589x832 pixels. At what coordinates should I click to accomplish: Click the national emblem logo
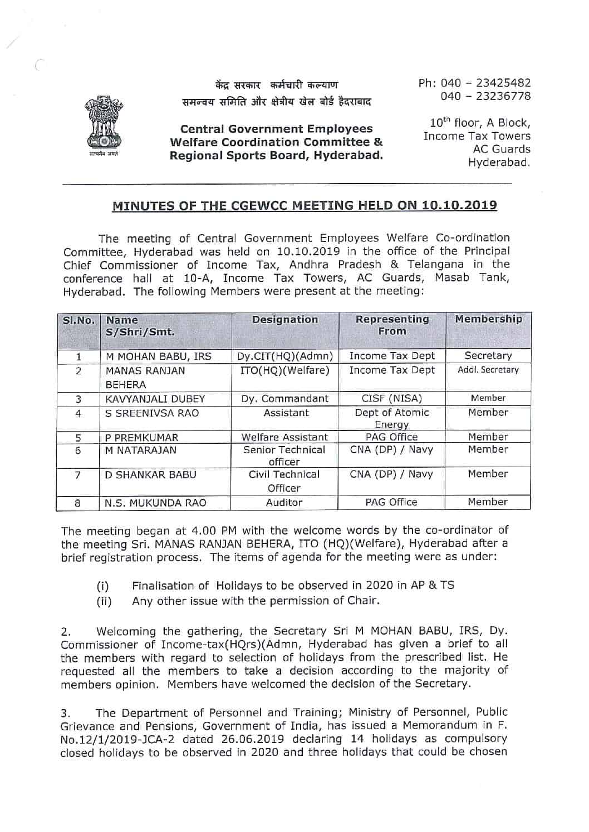[x=105, y=127]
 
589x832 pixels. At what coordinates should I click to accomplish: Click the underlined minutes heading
[x=305, y=206]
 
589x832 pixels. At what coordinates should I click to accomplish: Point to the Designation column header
[x=285, y=320]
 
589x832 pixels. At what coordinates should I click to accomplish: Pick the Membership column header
[x=488, y=319]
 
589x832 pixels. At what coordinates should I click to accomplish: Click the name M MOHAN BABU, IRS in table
[x=159, y=356]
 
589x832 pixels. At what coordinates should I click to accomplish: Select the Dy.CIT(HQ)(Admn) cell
[x=285, y=356]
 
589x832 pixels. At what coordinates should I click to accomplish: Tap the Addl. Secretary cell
[x=488, y=370]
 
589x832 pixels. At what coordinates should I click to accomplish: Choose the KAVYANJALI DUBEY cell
[x=155, y=399]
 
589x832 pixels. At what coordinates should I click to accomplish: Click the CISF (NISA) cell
[x=392, y=398]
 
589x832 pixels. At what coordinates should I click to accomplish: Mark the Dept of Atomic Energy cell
[x=392, y=418]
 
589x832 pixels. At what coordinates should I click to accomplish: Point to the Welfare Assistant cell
[x=284, y=437]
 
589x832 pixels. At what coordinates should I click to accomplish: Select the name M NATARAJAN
[x=141, y=450]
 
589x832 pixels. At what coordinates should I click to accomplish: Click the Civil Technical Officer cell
[x=284, y=481]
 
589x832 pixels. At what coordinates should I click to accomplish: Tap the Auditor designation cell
[x=284, y=503]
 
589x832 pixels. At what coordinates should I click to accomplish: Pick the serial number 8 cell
[x=78, y=503]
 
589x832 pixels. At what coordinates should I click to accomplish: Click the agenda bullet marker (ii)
[x=104, y=601]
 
